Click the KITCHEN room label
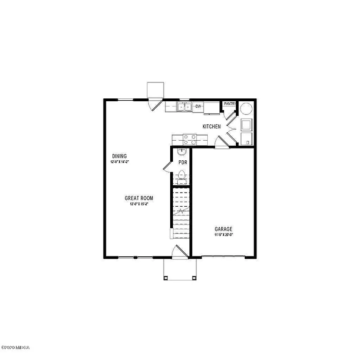(211, 127)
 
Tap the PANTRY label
(229, 104)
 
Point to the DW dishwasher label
(198, 106)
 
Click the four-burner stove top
(189, 139)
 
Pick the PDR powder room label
(183, 163)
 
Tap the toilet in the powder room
(181, 177)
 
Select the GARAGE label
(223, 229)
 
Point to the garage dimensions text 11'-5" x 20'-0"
(223, 234)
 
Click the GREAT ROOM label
(139, 198)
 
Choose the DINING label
(120, 156)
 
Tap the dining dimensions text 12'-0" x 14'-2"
(120, 162)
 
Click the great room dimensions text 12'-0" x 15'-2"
(139, 204)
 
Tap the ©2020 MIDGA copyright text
(15, 347)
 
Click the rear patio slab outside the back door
(155, 89)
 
